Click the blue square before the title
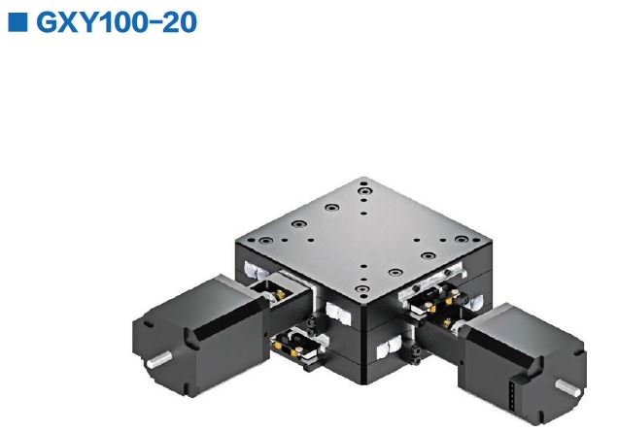pyautogui.click(x=17, y=22)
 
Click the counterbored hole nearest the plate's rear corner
pyautogui.click(x=363, y=184)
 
